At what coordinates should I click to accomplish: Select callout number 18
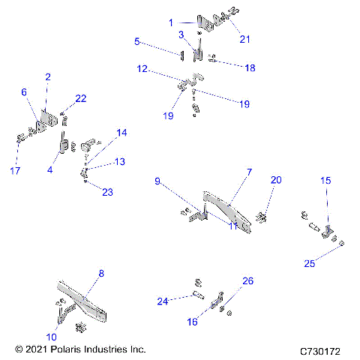coord(250,67)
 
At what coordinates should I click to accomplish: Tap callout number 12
coord(142,70)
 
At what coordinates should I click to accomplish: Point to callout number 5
coord(137,41)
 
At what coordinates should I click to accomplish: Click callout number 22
coord(81,99)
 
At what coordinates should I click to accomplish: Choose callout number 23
coord(107,192)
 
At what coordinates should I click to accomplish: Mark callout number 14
coord(121,133)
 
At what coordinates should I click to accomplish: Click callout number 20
coord(277,180)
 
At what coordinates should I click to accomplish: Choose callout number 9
coord(157,181)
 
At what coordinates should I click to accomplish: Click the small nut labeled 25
coord(342,244)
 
